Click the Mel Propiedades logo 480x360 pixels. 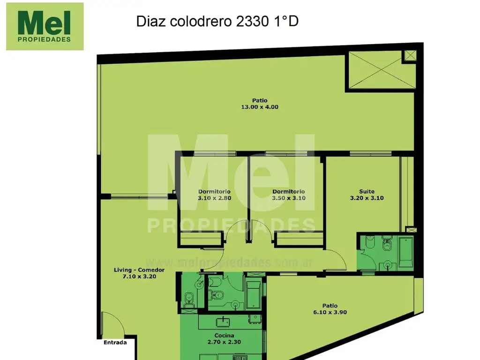point(45,26)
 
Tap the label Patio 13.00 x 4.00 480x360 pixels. point(259,103)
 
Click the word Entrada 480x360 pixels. point(115,342)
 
